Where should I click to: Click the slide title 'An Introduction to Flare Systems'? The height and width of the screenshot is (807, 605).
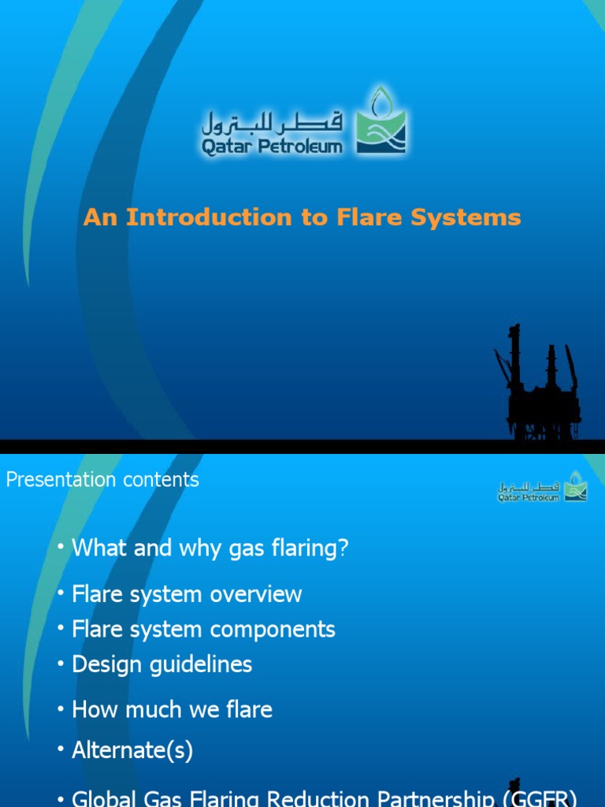[302, 218]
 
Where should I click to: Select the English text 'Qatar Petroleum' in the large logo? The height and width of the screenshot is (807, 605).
[272, 146]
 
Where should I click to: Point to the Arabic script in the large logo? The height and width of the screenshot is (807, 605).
[273, 121]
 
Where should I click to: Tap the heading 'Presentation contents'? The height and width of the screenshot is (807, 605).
[102, 479]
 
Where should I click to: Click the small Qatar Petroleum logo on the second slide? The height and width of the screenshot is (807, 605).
[542, 487]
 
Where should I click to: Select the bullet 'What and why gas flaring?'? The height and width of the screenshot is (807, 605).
[210, 549]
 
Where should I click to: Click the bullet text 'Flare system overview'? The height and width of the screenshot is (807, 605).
[187, 593]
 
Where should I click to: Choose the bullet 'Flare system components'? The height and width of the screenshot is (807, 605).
[203, 629]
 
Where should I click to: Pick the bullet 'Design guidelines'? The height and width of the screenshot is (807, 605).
[161, 664]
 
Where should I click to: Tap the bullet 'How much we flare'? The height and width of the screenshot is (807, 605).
[172, 709]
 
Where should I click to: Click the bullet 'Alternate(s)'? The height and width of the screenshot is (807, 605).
[132, 751]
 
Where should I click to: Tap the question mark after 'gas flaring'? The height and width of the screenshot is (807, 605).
[343, 549]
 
